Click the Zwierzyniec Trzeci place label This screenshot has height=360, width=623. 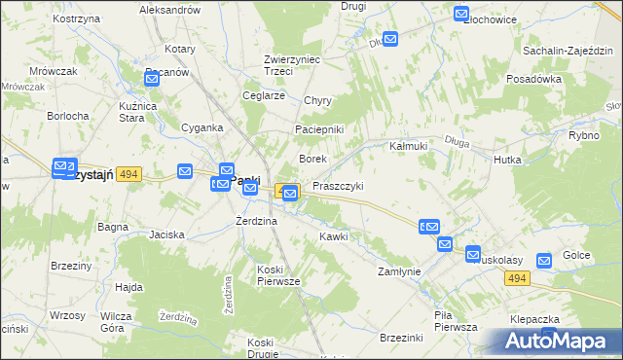pos(293,64)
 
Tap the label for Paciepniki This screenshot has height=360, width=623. pos(319,130)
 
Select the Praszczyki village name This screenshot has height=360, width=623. pos(339,186)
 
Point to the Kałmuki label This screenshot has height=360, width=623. pos(409,145)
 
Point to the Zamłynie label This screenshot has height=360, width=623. pos(399,271)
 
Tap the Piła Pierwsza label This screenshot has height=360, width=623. pos(456,321)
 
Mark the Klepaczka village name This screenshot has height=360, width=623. pos(533,319)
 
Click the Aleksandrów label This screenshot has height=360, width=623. pos(169,9)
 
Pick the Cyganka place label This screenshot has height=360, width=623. pos(202,126)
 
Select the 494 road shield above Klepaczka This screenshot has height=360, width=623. pos(517,278)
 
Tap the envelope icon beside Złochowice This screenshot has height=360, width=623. pos(461,14)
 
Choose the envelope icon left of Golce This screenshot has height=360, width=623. pos(544,260)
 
